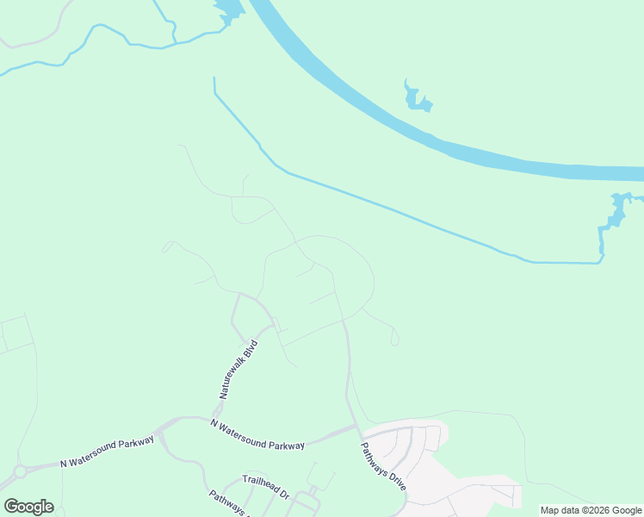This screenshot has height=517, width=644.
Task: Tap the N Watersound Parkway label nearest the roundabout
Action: coord(107,452)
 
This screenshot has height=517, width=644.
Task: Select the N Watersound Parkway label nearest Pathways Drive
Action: coord(257,433)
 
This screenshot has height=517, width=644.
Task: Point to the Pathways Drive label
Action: coord(382,466)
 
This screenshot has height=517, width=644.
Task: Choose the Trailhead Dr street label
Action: coord(265,486)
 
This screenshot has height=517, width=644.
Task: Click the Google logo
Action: coord(28,506)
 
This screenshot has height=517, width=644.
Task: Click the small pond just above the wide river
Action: coord(418,97)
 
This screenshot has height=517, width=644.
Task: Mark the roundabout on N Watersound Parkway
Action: coord(19,472)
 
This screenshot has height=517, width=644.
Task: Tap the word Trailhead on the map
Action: coord(257,483)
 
